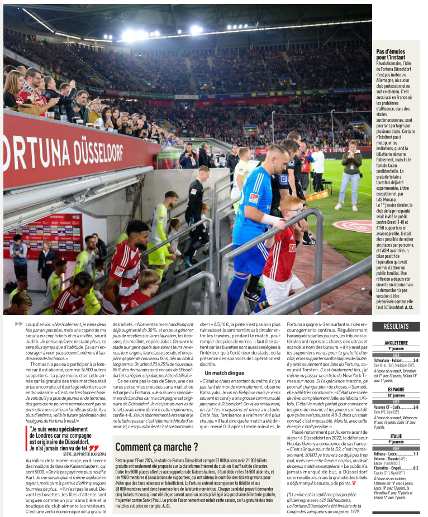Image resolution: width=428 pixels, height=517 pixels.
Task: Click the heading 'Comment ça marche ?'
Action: pyautogui.click(x=156, y=447)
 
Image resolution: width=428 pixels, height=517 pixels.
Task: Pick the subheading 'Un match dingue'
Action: pyautogui.click(x=225, y=372)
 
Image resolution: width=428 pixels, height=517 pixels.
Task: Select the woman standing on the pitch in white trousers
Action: pyautogui.click(x=350, y=175)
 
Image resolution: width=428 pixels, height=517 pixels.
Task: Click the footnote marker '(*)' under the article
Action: pyautogui.click(x=291, y=494)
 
